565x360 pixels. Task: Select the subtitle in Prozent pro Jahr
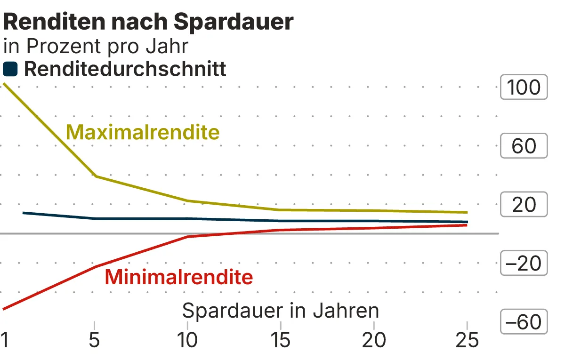point(96,46)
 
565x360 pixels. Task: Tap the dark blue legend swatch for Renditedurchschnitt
point(10,70)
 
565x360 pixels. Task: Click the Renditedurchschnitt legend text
point(125,69)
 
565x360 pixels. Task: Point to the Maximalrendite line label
point(143,132)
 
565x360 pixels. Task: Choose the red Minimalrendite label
point(178,277)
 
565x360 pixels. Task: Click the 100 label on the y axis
point(524,88)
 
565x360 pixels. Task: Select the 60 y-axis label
point(524,146)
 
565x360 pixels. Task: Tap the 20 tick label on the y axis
point(524,205)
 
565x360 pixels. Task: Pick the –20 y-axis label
point(524,264)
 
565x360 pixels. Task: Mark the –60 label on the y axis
point(524,322)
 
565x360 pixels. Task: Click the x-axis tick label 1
point(5,340)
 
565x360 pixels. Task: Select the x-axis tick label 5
point(95,340)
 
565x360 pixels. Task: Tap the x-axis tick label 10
point(187,340)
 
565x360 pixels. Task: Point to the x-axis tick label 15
point(280,340)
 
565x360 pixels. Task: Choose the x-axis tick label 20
point(373,340)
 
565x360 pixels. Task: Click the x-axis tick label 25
point(466,340)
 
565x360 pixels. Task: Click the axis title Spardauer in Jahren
point(280,311)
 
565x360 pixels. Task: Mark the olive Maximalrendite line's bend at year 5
point(96,176)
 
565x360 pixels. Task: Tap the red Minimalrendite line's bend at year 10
point(187,237)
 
